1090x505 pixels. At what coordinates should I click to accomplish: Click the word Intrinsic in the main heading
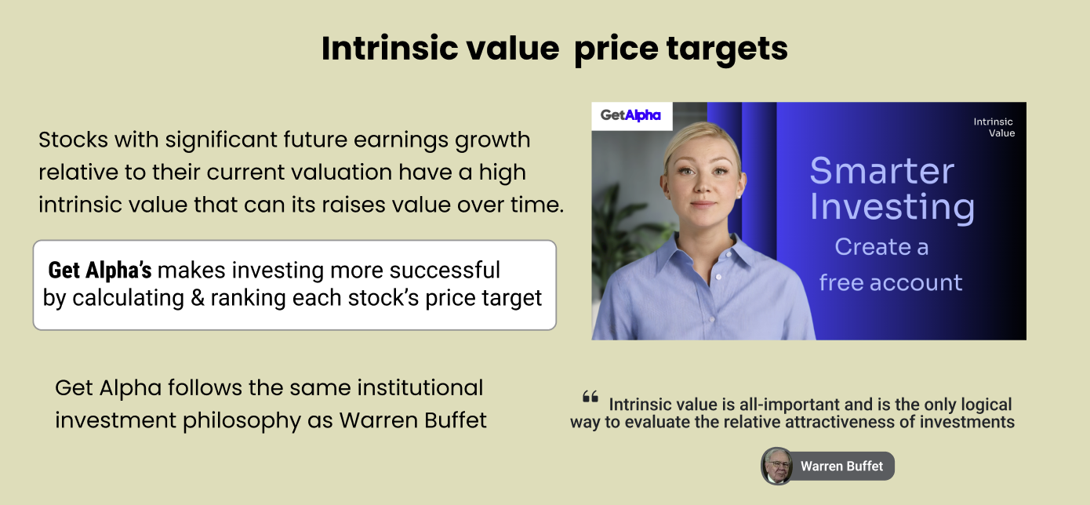click(x=389, y=48)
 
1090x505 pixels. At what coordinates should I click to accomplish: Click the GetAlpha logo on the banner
click(x=630, y=115)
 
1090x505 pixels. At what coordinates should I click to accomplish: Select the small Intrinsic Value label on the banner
click(x=994, y=127)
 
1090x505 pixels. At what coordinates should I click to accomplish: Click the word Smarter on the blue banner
click(x=881, y=171)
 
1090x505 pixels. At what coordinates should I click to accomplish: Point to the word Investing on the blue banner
click(x=892, y=208)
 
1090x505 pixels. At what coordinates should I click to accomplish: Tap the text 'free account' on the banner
click(x=891, y=282)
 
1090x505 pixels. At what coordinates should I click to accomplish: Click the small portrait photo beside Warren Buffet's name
click(x=777, y=466)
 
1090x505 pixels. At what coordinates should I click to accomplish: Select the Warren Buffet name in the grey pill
click(x=841, y=466)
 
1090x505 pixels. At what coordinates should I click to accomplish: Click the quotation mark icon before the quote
click(x=590, y=397)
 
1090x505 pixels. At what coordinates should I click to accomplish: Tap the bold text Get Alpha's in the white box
click(x=100, y=270)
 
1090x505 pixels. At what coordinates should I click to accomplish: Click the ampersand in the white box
click(x=197, y=298)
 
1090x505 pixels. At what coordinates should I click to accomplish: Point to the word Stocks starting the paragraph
click(x=73, y=140)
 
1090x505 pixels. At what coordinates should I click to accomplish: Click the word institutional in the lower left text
click(x=420, y=387)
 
